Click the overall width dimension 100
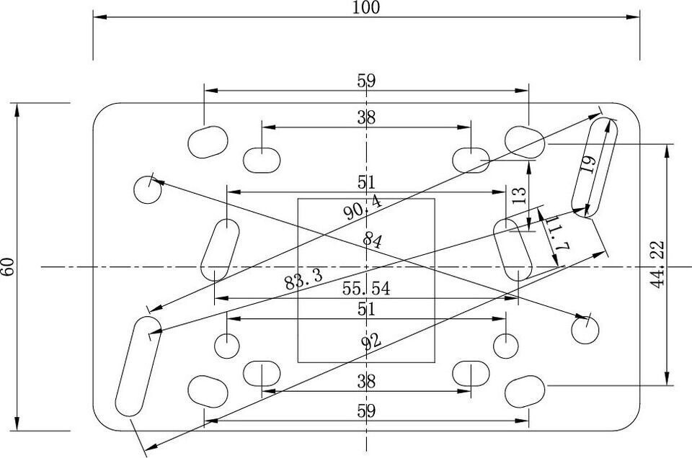coord(366,7)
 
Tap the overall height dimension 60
coord(9,266)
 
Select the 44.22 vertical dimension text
coord(657,264)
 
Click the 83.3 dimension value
coord(303,279)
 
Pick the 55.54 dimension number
coord(366,288)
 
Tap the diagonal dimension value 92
coord(371,341)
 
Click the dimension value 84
coord(373,241)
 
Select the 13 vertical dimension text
coord(520,195)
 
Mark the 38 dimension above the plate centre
coord(366,117)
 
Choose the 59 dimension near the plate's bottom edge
coord(366,411)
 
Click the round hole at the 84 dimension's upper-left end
coord(147,189)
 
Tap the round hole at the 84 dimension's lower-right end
coord(585,330)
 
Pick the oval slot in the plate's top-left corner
coord(208,142)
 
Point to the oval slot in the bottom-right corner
coord(525,392)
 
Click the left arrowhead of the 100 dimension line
coord(99,17)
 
